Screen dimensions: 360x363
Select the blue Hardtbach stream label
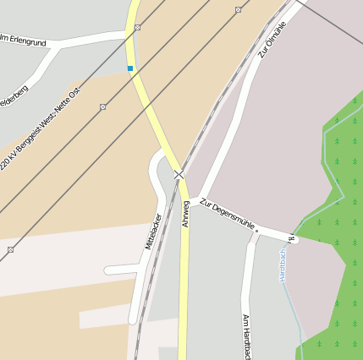[x=283, y=264]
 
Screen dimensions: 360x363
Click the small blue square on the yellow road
[x=130, y=68]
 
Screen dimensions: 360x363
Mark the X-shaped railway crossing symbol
[x=179, y=175]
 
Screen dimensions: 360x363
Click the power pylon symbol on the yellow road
[x=137, y=27]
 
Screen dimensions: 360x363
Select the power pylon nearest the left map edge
[x=10, y=249]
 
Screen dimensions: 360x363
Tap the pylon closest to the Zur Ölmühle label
[x=239, y=10]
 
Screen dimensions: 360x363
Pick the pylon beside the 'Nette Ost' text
[x=102, y=106]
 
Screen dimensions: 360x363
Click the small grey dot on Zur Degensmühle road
[x=256, y=230]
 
